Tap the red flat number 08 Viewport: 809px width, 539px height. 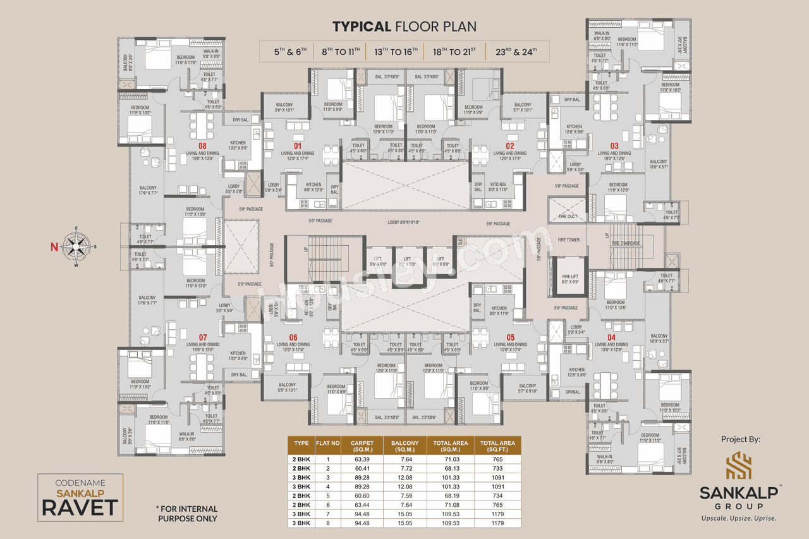point(202,145)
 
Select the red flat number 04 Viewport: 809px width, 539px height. point(611,337)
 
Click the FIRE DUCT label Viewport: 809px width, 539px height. point(568,216)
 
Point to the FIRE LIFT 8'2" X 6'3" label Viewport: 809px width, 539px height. point(571,279)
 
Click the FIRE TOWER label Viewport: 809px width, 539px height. point(568,240)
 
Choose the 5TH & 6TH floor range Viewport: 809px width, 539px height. point(289,51)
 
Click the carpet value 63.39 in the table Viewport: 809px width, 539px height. point(363,459)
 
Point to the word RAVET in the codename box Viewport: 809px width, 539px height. point(80,507)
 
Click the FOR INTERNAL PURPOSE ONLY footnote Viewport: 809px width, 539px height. point(186,513)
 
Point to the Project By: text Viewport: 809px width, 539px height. point(740,439)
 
